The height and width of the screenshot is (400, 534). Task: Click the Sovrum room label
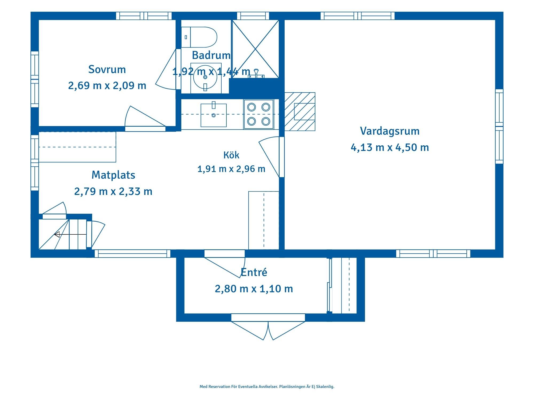coord(107,69)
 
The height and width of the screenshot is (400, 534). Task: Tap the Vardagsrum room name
coord(390,131)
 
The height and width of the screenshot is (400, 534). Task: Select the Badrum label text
coord(211,55)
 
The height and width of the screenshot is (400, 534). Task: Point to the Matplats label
coord(113,175)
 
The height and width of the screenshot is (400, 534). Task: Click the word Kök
coord(231,155)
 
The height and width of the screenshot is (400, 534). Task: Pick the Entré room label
coord(254,272)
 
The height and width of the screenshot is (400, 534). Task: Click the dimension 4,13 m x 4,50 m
coord(390,147)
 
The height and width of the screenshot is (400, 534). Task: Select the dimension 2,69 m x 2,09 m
coord(107,86)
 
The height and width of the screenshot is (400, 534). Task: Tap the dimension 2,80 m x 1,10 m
coord(254,289)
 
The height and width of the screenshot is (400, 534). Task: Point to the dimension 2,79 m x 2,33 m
coord(113,191)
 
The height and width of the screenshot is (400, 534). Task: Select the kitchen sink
coord(214,115)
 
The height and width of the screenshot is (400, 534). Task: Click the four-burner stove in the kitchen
coord(258,114)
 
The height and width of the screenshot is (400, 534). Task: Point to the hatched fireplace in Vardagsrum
coord(300,111)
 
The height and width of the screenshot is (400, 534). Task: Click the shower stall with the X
coord(255,49)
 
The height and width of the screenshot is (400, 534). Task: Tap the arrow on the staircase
coord(70,234)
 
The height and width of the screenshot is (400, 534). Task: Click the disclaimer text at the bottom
coord(267,386)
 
